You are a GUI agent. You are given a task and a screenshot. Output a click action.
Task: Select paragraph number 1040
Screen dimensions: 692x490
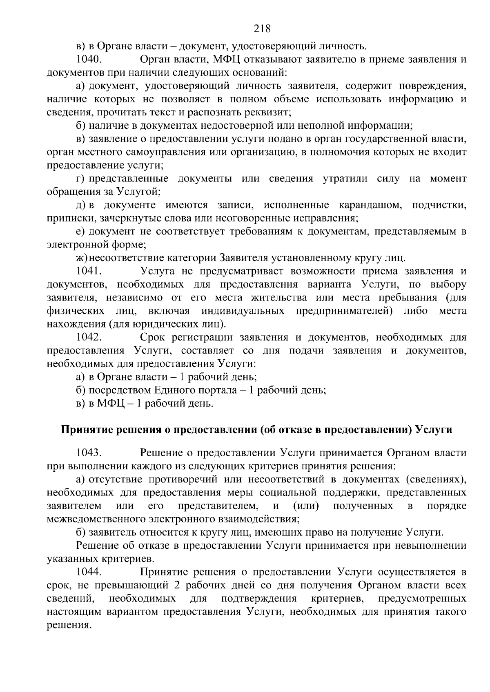[x=88, y=60]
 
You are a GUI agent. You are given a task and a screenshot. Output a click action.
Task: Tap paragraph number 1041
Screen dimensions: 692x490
[x=88, y=271]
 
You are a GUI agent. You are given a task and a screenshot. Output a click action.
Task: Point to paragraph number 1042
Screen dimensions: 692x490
[x=88, y=337]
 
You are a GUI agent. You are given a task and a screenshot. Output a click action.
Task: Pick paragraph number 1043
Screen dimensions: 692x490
[x=88, y=453]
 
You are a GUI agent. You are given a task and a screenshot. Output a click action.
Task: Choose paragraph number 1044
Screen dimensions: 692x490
[x=88, y=572]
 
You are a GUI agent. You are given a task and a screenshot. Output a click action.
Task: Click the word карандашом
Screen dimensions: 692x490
[x=370, y=205]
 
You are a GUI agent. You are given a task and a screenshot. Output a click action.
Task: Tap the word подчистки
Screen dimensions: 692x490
[x=439, y=205]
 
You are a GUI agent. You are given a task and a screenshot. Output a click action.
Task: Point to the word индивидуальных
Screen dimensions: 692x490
[x=243, y=311]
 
